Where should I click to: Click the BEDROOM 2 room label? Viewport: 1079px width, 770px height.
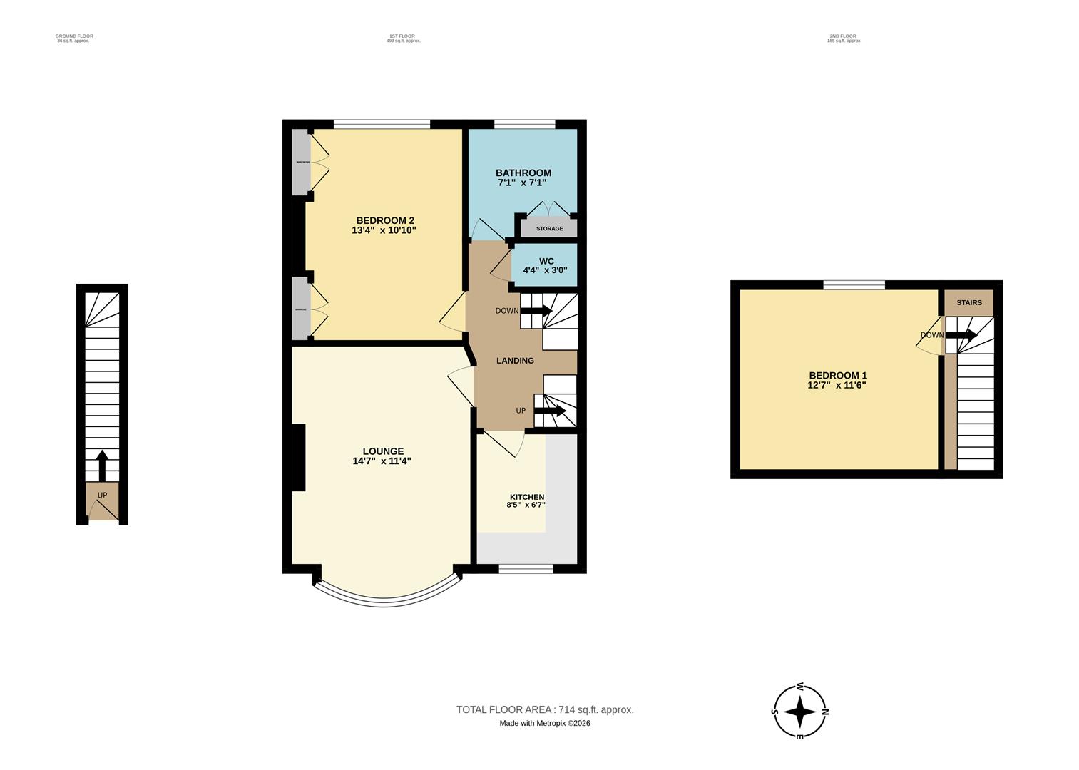click(384, 220)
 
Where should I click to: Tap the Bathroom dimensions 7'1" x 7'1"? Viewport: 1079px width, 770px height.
click(523, 183)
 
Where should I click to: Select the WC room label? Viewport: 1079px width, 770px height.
click(546, 261)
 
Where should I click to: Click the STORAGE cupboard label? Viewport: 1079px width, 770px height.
click(549, 229)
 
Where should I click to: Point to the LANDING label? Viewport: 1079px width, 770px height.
click(515, 361)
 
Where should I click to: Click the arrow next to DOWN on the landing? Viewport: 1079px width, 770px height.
click(536, 311)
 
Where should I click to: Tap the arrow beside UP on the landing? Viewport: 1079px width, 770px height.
click(549, 411)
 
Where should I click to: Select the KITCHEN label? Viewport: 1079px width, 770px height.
click(526, 497)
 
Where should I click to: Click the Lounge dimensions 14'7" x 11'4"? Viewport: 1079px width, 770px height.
click(382, 461)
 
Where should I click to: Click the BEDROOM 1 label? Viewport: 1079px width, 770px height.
click(837, 376)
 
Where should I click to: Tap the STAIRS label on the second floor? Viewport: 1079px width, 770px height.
click(968, 303)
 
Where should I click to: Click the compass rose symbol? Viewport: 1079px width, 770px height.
click(800, 711)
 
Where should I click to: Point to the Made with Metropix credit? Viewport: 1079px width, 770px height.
click(545, 723)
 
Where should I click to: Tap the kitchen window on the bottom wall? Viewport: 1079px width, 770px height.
click(526, 568)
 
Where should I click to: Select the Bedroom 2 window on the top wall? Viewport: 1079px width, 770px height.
click(382, 124)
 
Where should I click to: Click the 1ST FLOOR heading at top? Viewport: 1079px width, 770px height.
click(402, 36)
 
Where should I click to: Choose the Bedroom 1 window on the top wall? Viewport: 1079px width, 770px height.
click(854, 285)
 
